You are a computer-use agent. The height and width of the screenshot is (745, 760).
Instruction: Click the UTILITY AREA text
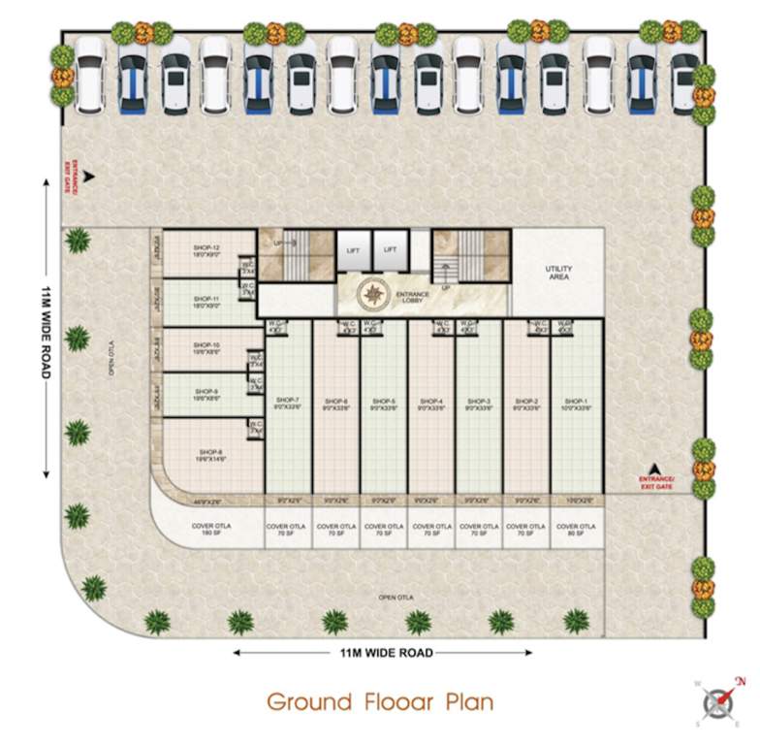point(558,273)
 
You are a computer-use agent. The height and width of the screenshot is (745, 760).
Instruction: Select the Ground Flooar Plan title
point(379,700)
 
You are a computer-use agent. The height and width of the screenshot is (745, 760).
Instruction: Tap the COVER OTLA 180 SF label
point(209,529)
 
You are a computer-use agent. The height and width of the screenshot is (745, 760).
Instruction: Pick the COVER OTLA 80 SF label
point(576,529)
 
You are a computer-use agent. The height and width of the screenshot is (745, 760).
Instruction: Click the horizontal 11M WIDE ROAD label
point(386,653)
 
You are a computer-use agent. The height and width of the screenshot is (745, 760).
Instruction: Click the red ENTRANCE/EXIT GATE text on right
point(655,482)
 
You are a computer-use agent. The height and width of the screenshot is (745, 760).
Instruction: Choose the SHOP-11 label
point(206,302)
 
